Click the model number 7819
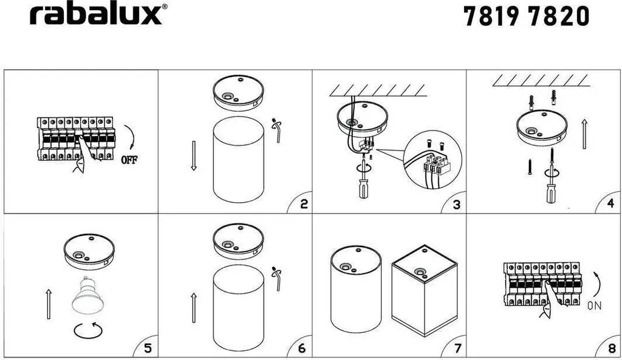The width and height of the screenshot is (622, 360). pos(491,16)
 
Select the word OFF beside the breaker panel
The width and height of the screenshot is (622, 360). pos(129,160)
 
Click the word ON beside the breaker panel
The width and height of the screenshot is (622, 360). pos(594,306)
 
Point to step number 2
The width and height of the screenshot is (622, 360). pos(304,204)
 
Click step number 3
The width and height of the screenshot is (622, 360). pos(457,205)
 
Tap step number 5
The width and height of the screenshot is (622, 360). pos(148,348)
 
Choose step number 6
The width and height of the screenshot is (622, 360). pos(302,348)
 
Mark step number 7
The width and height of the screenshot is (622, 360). pos(458,348)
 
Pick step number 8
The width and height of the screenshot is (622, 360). pos(612,348)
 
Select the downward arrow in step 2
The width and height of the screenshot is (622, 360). pos(194,155)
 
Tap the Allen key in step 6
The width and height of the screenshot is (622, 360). pos(277,278)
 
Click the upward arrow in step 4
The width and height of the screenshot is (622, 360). pos(584,134)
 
